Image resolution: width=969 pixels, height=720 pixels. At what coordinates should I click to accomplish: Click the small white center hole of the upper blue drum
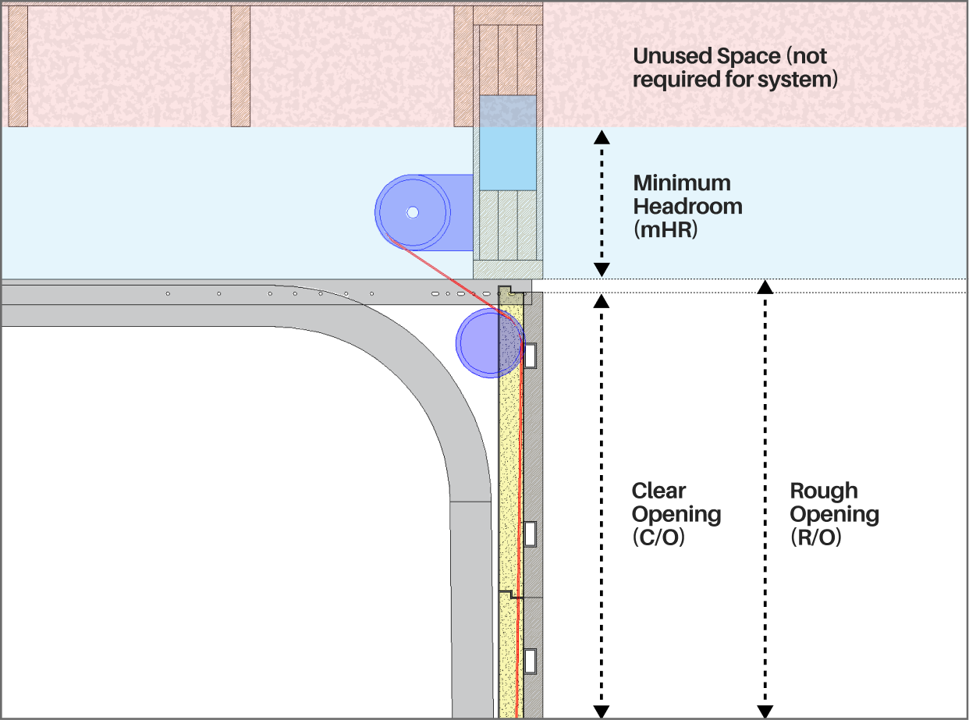click(413, 212)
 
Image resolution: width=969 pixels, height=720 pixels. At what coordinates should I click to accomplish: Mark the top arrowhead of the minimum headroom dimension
click(601, 137)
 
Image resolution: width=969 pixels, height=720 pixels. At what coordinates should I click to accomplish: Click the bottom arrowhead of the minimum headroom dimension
click(601, 271)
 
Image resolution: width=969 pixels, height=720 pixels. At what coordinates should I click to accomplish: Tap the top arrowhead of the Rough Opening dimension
click(765, 286)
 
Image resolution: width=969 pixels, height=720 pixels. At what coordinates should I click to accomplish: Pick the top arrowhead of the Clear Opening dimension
click(601, 300)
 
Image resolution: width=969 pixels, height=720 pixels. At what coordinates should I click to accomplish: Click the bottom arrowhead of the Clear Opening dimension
click(601, 711)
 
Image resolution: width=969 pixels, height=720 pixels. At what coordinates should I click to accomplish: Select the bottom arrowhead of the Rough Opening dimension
click(765, 711)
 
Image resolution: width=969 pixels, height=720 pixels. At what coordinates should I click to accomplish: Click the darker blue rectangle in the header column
click(507, 143)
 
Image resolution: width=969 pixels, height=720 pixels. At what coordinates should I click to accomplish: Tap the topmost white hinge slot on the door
click(531, 356)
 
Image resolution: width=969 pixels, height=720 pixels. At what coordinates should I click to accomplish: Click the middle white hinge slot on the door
click(531, 534)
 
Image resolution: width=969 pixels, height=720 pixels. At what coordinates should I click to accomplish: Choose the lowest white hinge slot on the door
click(531, 661)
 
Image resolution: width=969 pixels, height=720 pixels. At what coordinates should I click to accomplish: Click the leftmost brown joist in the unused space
click(18, 66)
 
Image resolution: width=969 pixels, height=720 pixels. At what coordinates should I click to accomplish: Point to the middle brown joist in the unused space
click(240, 66)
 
